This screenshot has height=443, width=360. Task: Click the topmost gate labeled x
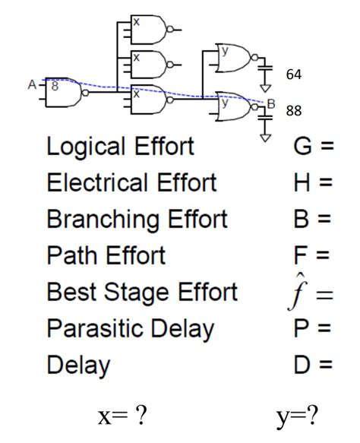coord(149,30)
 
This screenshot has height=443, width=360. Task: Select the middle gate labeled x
coord(149,64)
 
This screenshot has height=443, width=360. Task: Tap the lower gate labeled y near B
coord(234,104)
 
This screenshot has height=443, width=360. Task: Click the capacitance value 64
coord(293,74)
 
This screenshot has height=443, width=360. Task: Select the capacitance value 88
coord(294,111)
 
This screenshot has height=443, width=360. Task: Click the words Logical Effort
coord(121,147)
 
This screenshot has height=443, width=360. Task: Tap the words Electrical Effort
coord(131,183)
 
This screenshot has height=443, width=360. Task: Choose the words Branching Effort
coord(137,220)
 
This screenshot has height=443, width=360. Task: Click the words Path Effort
coord(106,255)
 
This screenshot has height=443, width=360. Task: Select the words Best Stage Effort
coord(142,292)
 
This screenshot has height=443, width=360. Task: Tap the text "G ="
coord(313,147)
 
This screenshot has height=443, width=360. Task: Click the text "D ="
coord(313,365)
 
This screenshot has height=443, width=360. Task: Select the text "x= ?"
coord(122,416)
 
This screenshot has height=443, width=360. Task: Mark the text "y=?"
coord(298,416)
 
